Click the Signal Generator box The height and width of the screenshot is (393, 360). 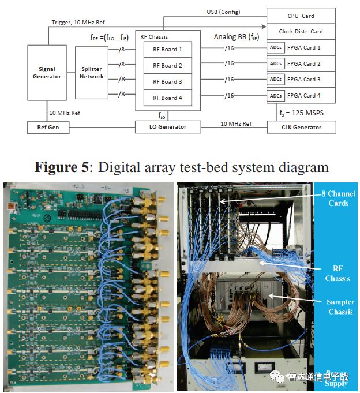point(47,73)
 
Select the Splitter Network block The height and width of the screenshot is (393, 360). point(92,73)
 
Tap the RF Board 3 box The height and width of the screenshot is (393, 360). point(167,81)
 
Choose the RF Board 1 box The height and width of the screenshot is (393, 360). point(167,49)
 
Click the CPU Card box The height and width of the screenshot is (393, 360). point(301,16)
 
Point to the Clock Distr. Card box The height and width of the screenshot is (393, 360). point(301,31)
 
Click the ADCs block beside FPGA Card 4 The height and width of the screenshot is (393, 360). point(276,95)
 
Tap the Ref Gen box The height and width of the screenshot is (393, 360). point(48,127)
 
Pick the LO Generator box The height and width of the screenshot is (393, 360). point(168,126)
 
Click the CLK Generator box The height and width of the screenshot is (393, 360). point(301,127)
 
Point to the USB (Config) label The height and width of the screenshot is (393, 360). point(223,12)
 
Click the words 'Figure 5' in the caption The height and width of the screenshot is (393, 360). point(61,167)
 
